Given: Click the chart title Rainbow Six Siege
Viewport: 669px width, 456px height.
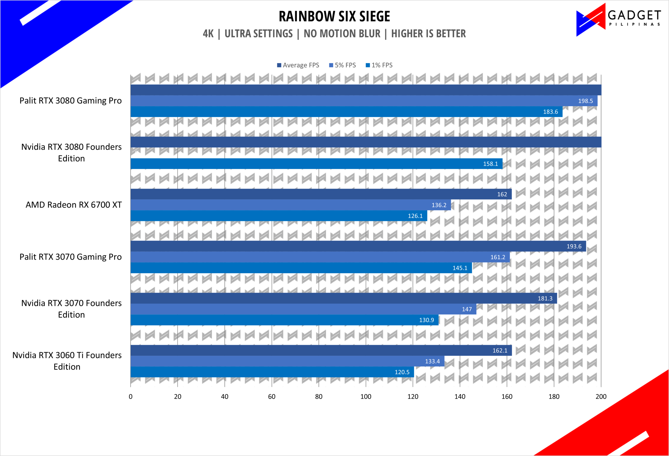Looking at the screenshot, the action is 334,16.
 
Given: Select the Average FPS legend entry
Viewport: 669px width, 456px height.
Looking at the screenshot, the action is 298,65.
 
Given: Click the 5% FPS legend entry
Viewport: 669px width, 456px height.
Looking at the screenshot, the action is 342,65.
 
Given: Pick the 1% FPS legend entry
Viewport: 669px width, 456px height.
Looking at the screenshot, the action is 379,65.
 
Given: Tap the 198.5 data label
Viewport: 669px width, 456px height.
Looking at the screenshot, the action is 586,101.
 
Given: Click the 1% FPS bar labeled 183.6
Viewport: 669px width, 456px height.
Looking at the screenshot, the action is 346,111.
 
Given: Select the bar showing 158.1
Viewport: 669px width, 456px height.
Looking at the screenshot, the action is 316,164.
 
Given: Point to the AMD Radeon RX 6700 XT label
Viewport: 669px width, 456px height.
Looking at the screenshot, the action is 74,205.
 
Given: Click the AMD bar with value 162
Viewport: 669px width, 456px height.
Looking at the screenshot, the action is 321,194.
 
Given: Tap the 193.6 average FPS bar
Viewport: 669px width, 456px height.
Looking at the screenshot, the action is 358,246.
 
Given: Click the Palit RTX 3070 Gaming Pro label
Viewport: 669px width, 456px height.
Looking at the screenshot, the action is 71,257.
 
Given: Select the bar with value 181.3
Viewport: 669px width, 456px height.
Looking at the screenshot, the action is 344,298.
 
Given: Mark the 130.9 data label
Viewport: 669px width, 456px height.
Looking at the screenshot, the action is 426,320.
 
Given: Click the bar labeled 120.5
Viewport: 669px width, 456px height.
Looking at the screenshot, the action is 272,372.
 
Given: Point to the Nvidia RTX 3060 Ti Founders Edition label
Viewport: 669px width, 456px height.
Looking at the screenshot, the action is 67,361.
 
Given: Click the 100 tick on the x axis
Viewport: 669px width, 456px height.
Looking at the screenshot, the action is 366,397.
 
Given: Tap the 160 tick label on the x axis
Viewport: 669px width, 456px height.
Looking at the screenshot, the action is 507,397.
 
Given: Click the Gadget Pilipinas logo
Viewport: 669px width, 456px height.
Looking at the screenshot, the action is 618,20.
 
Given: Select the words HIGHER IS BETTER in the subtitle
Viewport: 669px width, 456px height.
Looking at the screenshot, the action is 428,34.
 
